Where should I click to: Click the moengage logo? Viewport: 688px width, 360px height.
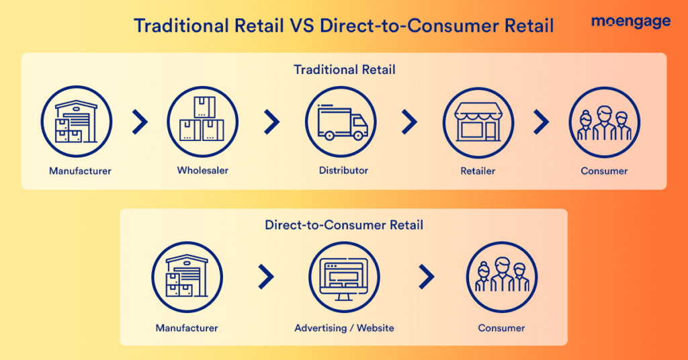pos(630,22)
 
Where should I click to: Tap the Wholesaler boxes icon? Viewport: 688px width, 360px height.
pos(202,122)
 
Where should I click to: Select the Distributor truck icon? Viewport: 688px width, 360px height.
pos(341,122)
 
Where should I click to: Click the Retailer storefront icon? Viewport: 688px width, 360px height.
pos(478,122)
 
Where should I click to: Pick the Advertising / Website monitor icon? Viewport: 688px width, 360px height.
pos(344,277)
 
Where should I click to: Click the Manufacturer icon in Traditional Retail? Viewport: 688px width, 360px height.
pos(77,122)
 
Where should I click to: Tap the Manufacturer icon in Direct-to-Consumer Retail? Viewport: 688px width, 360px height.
pos(187,277)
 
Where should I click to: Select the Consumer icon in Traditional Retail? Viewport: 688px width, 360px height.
pos(604,122)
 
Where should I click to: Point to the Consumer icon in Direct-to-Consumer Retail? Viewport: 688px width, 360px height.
pos(501,277)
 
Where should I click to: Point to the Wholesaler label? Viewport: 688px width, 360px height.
pos(203,170)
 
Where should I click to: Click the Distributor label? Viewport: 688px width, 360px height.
pos(343,170)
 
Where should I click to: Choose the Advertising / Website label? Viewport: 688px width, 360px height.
pos(344,328)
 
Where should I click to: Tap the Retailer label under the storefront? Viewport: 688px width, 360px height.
pos(478,171)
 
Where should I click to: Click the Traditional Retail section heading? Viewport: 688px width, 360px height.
pos(345,70)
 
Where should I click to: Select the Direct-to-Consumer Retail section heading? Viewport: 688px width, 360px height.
pos(344,225)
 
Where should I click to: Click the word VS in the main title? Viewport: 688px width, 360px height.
pos(302,26)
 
